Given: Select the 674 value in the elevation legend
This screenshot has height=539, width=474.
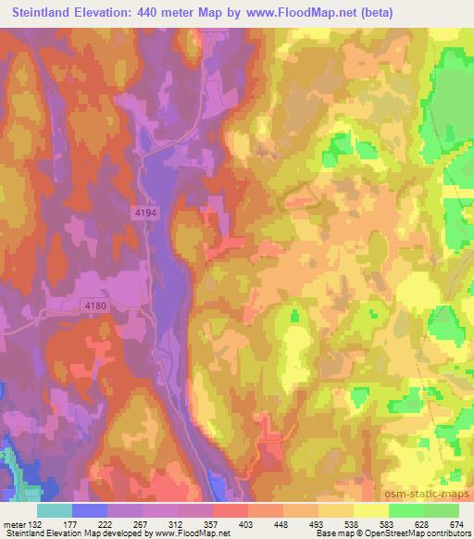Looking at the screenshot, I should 457,524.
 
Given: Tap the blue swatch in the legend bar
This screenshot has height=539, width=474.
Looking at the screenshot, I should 90,510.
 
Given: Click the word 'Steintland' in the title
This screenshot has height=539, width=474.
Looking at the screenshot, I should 40,13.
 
